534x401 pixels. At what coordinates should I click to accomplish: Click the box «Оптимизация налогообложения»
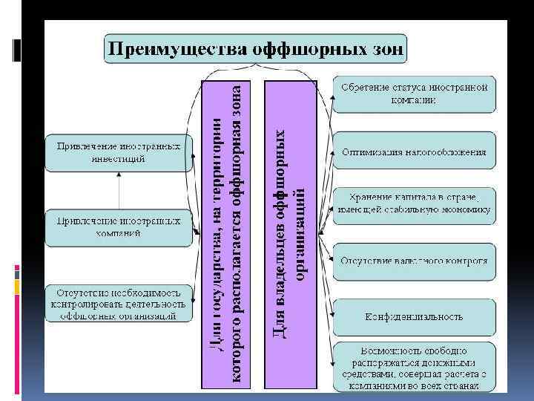[x=414, y=152]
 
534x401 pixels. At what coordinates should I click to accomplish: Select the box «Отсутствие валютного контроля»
[x=414, y=261]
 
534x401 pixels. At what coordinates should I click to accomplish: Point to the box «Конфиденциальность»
[x=414, y=316]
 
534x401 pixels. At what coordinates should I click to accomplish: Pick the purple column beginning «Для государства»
[x=226, y=234]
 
